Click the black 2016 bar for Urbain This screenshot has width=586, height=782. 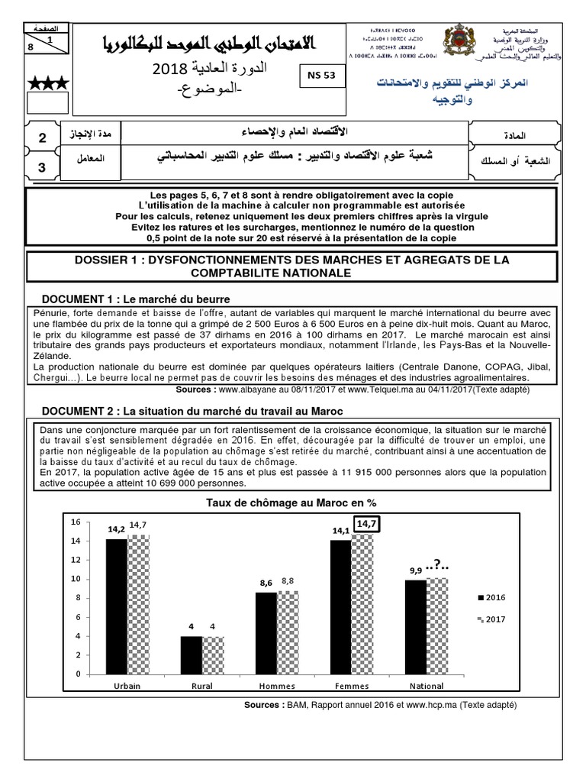[117, 606]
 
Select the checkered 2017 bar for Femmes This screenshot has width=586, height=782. [362, 604]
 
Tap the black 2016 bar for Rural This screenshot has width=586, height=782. [191, 655]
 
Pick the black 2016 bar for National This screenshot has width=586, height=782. [416, 627]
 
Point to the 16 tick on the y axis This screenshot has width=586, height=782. [75, 522]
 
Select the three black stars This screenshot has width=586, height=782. [47, 82]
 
